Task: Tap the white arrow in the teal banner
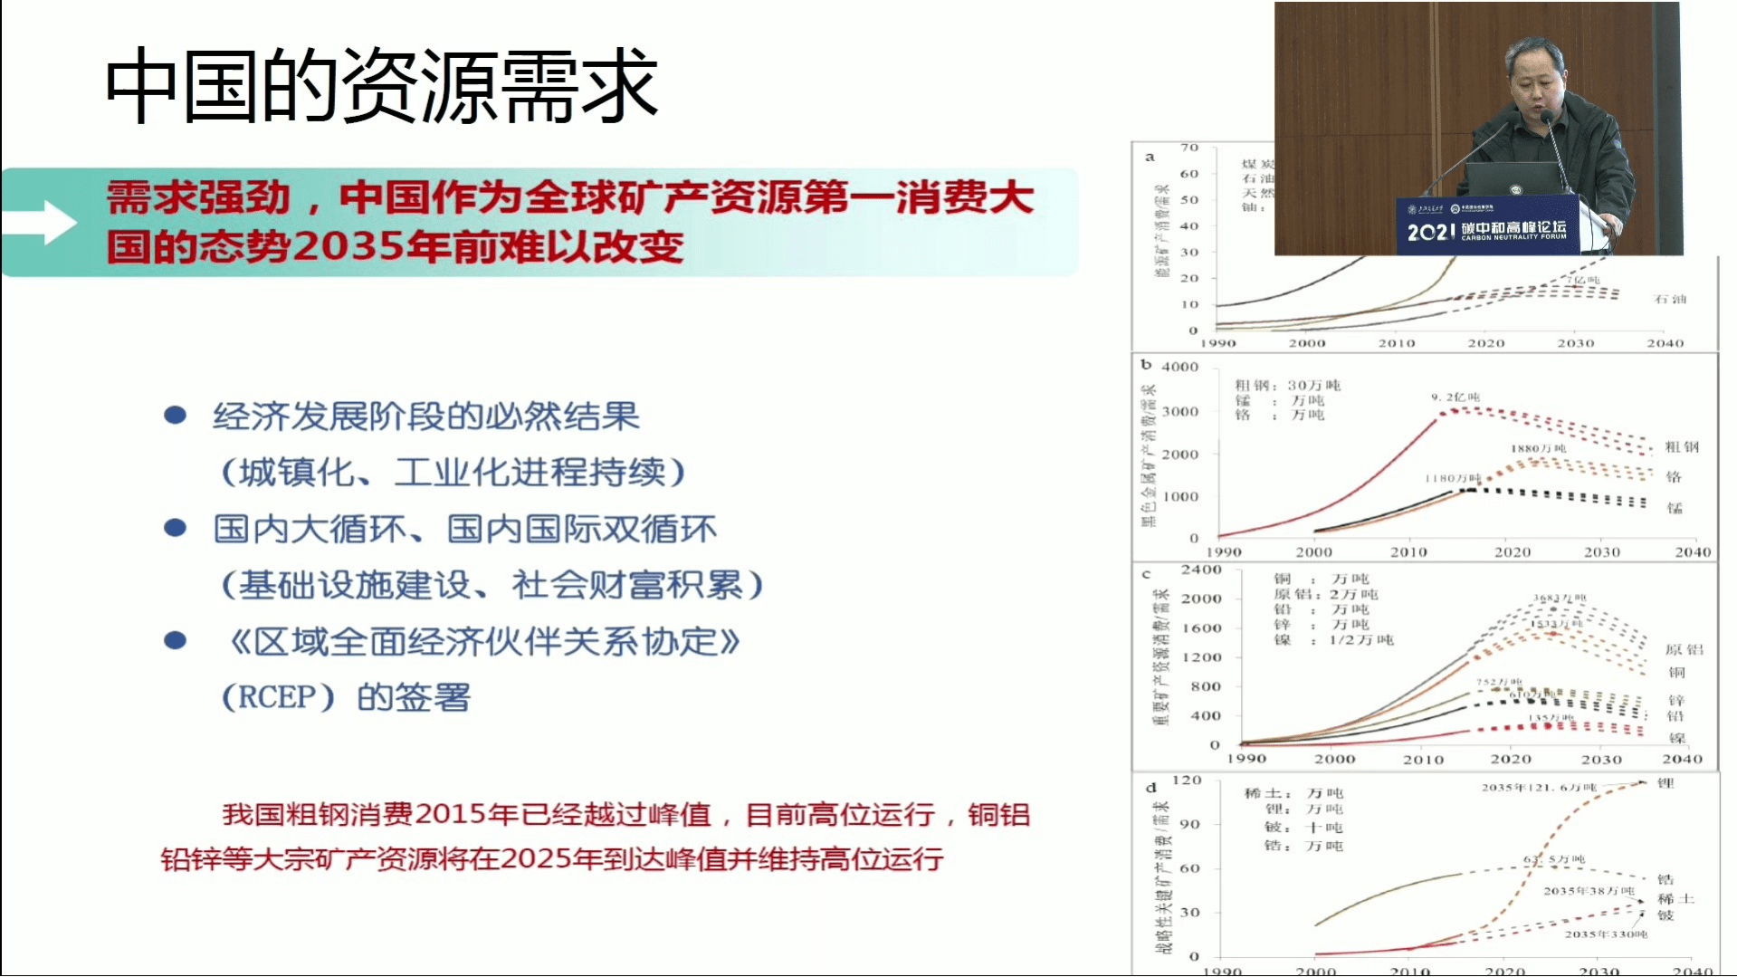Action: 45,223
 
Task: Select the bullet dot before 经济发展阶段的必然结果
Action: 175,416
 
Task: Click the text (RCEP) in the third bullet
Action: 279,698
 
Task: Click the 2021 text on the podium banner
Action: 1429,233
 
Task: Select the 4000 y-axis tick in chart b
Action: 1179,367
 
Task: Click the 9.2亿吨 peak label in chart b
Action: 1455,397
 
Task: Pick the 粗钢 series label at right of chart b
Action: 1682,446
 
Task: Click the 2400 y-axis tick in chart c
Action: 1201,570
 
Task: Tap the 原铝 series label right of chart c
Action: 1684,649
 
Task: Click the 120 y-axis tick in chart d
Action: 1187,780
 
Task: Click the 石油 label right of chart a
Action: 1670,299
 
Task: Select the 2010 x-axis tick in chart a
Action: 1396,343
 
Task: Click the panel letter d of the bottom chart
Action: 1150,787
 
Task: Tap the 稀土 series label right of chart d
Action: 1675,898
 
